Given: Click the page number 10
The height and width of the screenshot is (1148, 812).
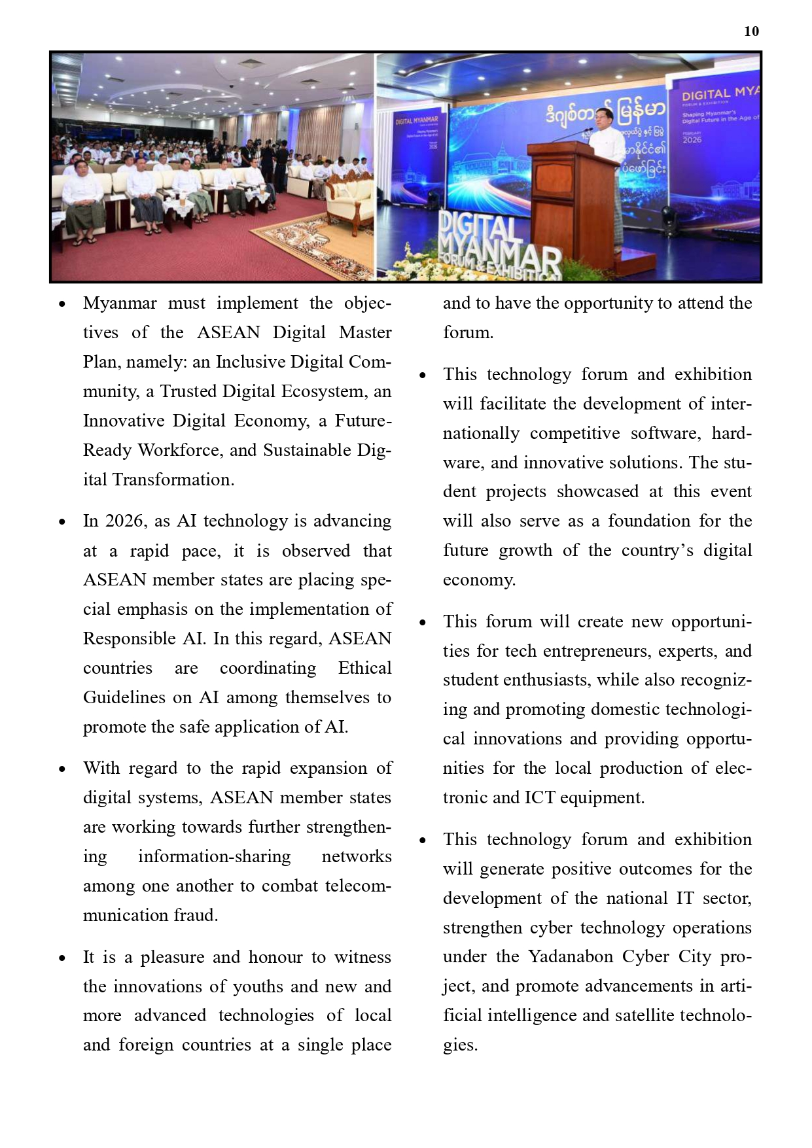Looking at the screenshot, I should (751, 31).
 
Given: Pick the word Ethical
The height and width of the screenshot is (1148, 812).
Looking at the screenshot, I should (364, 668).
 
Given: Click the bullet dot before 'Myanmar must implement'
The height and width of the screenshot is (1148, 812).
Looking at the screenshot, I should (62, 304).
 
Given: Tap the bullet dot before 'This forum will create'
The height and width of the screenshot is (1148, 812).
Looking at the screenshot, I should (422, 623).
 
